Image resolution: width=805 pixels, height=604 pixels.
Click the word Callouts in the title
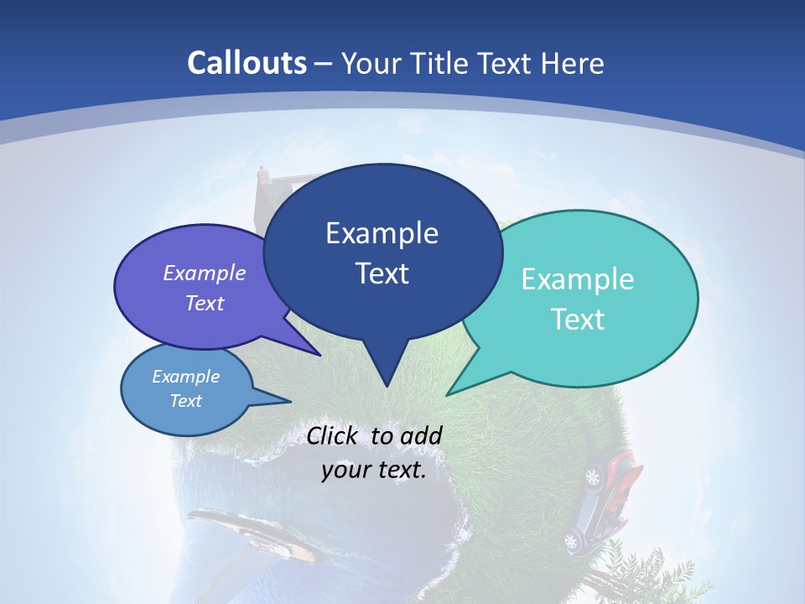coord(247,64)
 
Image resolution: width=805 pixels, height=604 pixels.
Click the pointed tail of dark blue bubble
coord(386,373)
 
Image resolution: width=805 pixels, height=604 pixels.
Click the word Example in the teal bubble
coord(578,279)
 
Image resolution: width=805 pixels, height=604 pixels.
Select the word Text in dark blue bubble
coord(382,273)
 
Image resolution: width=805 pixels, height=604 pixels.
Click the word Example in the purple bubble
coord(205,273)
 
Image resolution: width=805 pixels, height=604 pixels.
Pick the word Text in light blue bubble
coord(186,401)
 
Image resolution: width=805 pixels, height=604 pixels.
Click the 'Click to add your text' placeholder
coord(374,453)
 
